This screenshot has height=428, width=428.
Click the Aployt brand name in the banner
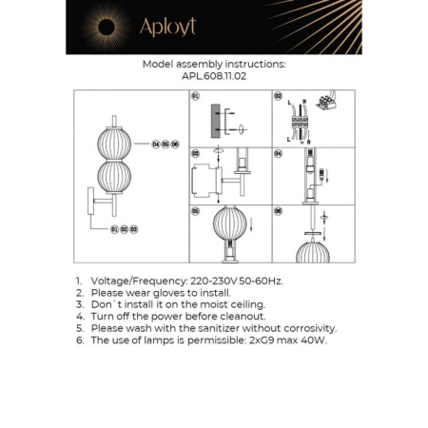pos(167,28)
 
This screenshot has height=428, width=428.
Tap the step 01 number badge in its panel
pos(195,96)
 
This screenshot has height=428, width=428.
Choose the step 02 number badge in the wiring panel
pos(278,96)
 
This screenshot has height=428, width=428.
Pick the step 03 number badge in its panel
pos(195,152)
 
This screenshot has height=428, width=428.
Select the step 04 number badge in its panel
pos(278,152)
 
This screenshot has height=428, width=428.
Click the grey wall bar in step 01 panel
pos(217,124)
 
